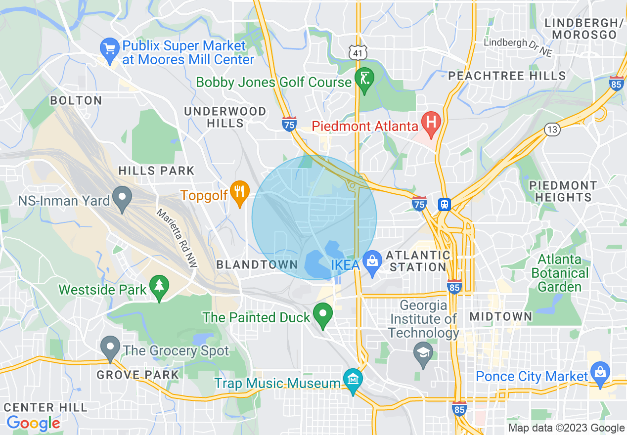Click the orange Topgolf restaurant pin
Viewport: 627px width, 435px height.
click(x=240, y=192)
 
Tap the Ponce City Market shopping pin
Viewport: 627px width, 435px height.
click(x=600, y=375)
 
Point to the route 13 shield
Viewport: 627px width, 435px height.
click(x=552, y=130)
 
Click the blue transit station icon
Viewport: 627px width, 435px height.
click(x=444, y=205)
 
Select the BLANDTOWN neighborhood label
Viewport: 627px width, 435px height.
click(x=257, y=264)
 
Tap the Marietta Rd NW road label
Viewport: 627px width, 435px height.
click(x=177, y=238)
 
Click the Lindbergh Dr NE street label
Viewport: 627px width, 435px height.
click(x=518, y=47)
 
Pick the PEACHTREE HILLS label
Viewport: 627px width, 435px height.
click(x=507, y=76)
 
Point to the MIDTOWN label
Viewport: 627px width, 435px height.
click(x=500, y=316)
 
